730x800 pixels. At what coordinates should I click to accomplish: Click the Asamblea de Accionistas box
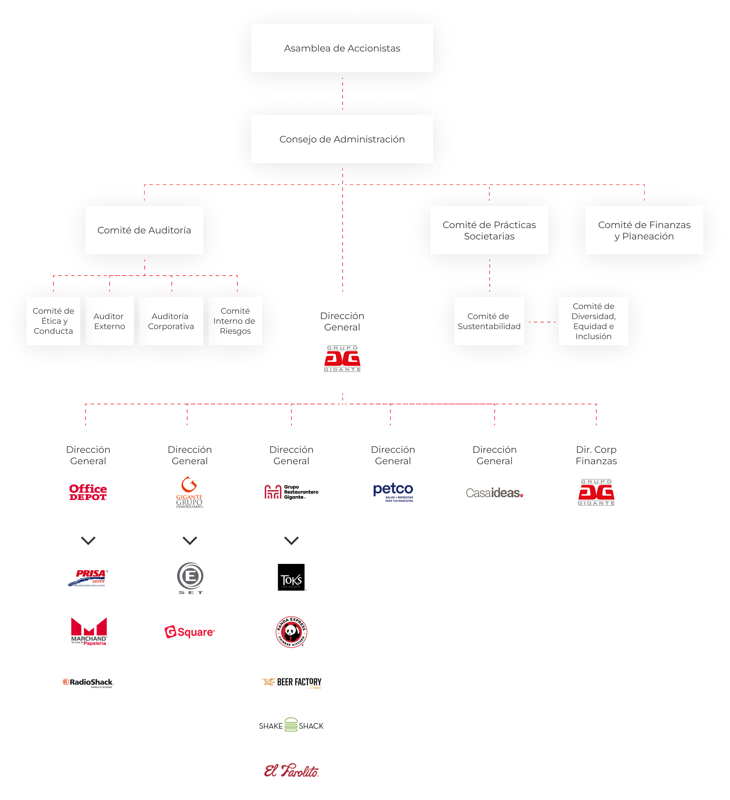[342, 48]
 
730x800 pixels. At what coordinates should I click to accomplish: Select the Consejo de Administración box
[342, 139]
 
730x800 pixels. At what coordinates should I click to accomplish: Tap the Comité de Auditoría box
[144, 230]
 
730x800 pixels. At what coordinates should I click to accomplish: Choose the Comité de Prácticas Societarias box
[489, 230]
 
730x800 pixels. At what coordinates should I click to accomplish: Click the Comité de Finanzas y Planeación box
[644, 230]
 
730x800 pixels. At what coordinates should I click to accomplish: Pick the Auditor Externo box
[109, 321]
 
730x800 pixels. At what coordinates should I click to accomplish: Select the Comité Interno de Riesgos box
[235, 321]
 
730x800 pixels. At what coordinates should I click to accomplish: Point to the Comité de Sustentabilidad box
[489, 321]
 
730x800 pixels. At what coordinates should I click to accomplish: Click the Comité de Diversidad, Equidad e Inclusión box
[593, 321]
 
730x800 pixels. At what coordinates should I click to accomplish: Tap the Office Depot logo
[88, 492]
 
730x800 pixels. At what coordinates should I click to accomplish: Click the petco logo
[393, 492]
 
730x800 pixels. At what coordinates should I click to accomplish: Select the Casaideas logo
[494, 493]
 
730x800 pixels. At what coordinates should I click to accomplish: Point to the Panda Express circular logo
[291, 632]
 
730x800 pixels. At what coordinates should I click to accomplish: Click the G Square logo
[190, 632]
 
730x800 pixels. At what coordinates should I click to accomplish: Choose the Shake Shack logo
[291, 725]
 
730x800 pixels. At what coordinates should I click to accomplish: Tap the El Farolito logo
[291, 771]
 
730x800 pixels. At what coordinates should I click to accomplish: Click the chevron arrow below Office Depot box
[88, 540]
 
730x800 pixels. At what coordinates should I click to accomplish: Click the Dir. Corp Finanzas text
[596, 455]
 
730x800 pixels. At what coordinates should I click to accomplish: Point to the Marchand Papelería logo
[89, 631]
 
